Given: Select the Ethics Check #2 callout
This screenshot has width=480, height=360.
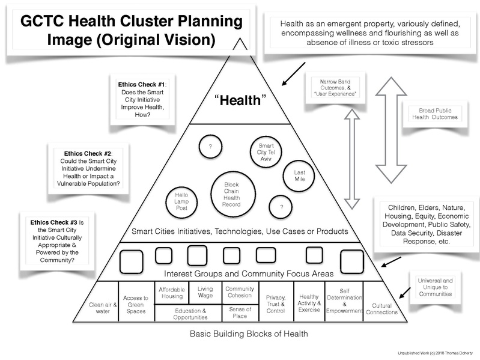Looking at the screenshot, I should (x=88, y=168).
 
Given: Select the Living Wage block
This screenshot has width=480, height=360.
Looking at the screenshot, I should (x=205, y=293).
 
